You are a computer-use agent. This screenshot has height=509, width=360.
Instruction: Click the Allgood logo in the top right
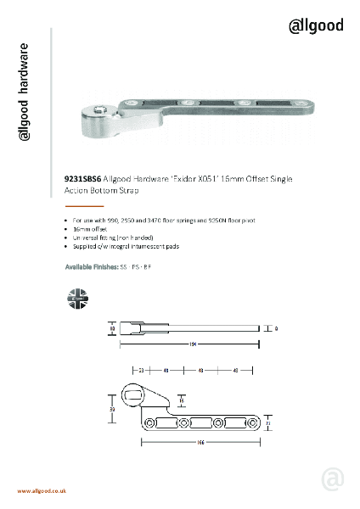pyautogui.click(x=316, y=25)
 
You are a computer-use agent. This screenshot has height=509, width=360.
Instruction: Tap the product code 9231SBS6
pyautogui.click(x=83, y=180)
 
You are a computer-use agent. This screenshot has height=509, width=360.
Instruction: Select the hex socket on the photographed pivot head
pyautogui.click(x=101, y=111)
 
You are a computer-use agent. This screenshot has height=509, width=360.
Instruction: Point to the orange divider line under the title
pyautogui.click(x=84, y=205)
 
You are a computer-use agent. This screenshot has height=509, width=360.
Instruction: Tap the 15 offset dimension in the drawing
pyautogui.click(x=182, y=398)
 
